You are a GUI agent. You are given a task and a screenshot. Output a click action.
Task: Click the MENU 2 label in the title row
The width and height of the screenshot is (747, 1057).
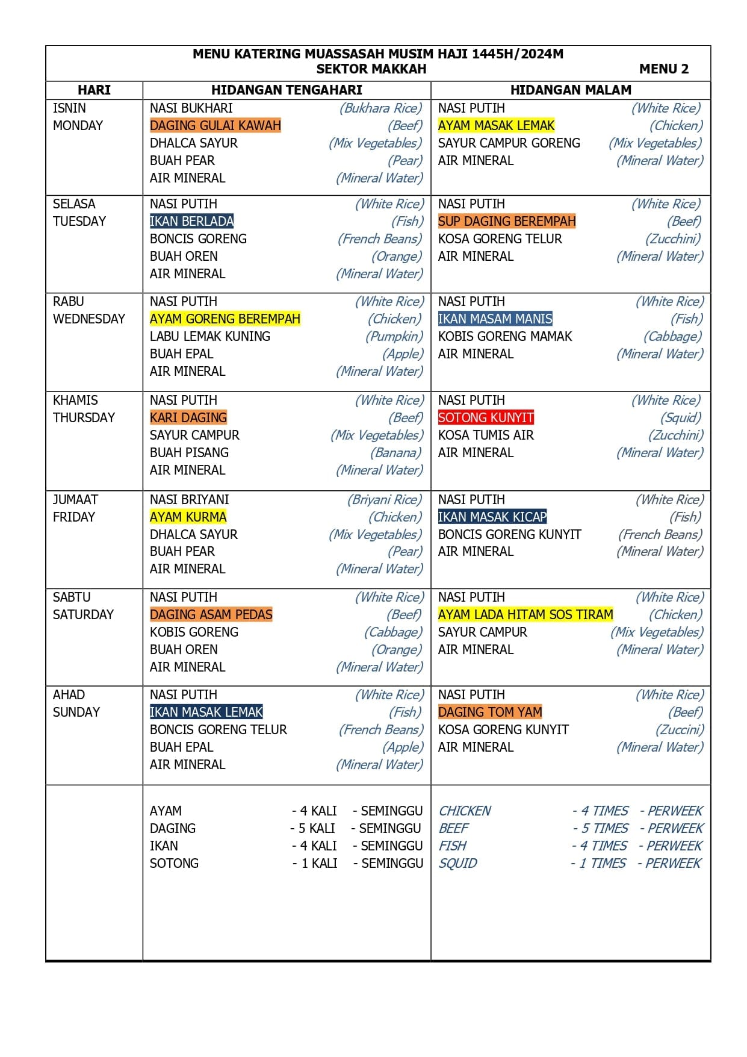pyautogui.click(x=663, y=69)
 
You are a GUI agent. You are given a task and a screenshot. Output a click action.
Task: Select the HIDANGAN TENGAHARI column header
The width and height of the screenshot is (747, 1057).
pyautogui.click(x=287, y=90)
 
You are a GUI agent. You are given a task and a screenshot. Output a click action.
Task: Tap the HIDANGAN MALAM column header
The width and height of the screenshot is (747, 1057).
pyautogui.click(x=571, y=90)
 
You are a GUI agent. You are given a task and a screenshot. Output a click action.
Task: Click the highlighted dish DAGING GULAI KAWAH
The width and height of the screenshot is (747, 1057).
pyautogui.click(x=215, y=126)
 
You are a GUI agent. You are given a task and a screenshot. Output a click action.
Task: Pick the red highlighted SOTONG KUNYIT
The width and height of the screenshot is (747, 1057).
pyautogui.click(x=486, y=418)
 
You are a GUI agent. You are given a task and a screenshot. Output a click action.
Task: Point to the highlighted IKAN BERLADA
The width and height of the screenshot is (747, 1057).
pyautogui.click(x=191, y=222)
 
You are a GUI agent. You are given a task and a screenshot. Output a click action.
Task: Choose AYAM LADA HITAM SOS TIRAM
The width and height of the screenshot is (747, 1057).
pyautogui.click(x=525, y=615)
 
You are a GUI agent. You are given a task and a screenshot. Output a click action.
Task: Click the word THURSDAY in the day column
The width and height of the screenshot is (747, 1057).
pyautogui.click(x=84, y=418)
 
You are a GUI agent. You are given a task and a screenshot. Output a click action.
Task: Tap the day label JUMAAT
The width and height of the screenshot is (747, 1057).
pyautogui.click(x=75, y=500)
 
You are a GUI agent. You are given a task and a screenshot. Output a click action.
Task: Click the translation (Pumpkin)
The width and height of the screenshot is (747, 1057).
pyautogui.click(x=394, y=337)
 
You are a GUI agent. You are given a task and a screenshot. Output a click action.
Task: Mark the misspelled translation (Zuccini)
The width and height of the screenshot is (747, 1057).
pyautogui.click(x=679, y=730)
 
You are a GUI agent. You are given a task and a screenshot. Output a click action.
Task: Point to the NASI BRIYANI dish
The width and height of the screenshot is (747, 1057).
pyautogui.click(x=189, y=500)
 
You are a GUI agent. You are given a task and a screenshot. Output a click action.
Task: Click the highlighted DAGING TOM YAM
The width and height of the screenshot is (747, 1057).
pyautogui.click(x=490, y=712)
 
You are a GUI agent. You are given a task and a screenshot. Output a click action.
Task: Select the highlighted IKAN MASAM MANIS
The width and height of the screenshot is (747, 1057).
pyautogui.click(x=495, y=319)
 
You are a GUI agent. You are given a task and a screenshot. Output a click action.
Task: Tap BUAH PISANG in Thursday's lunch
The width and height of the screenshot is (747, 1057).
pyautogui.click(x=189, y=453)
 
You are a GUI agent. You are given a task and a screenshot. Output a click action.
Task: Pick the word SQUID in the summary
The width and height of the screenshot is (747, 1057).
pyautogui.click(x=457, y=864)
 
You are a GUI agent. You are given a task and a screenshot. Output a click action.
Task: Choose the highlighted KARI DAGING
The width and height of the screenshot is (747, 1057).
pyautogui.click(x=188, y=418)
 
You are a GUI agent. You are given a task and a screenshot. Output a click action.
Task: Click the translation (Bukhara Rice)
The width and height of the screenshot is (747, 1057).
pyautogui.click(x=380, y=108)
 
